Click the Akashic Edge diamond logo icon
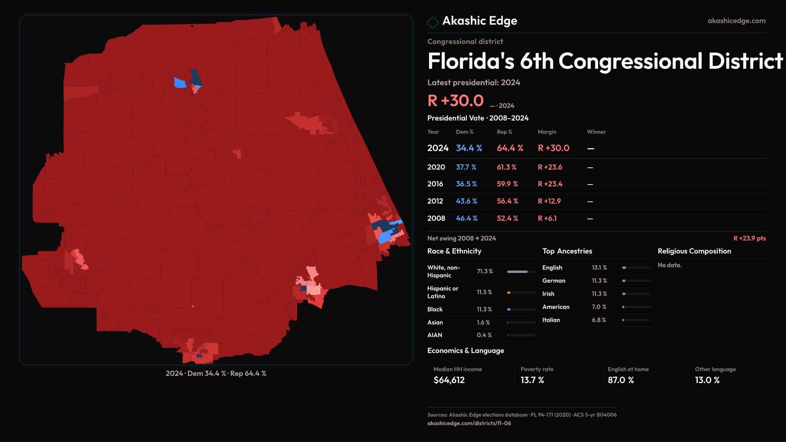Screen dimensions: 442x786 pos(433,22)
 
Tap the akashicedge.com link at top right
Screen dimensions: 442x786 pos(736,21)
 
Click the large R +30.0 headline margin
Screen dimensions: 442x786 pos(455,101)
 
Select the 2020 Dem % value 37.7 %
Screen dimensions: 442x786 pos(466,167)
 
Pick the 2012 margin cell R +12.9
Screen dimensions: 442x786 pos(549,201)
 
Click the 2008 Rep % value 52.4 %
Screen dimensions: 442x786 pos(507,219)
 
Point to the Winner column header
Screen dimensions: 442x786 pos(596,132)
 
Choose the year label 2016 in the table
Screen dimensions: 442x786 pos(435,184)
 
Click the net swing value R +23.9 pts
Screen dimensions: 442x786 pos(749,238)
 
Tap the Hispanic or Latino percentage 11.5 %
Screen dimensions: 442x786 pos(484,292)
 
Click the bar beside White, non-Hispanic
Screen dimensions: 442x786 pos(521,272)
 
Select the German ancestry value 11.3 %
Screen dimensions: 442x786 pos(599,281)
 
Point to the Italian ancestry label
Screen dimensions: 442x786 pos(551,320)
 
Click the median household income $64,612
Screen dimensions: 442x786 pos(449,380)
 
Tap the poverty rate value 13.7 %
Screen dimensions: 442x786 pos(532,380)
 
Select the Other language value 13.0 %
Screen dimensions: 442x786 pos(707,380)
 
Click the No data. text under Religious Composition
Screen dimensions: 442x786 pos(670,265)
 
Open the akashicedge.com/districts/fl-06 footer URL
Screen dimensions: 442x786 pos(469,423)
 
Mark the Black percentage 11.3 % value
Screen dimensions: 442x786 pos(484,309)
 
